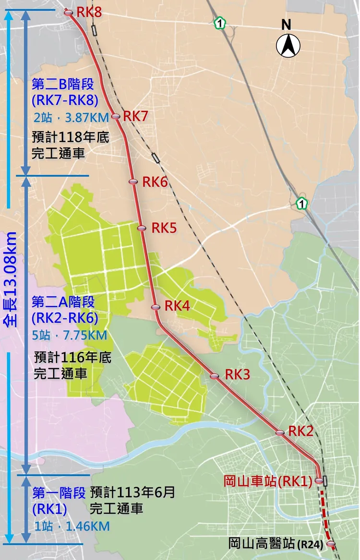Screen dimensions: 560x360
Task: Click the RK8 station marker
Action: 68,12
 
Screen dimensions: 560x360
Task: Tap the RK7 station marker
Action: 115,116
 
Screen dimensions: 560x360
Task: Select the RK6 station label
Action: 155,182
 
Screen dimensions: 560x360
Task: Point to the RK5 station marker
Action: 141,228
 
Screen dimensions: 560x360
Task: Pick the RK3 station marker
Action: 215,376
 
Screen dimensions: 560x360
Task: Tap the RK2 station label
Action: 301,431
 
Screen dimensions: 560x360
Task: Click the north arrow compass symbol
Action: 288,45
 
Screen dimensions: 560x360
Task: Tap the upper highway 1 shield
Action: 219,23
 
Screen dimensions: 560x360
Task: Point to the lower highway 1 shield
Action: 301,204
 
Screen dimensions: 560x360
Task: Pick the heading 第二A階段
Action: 63,302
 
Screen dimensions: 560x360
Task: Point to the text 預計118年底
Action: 67,138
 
